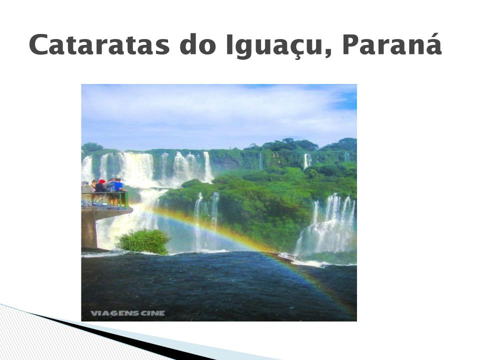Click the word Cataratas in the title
(x=99, y=44)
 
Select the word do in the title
(x=196, y=44)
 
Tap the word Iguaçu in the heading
(x=274, y=46)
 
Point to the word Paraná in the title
(x=392, y=44)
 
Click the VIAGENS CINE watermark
(x=127, y=313)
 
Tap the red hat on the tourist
(x=102, y=181)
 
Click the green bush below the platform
(x=143, y=241)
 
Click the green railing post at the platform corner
(x=126, y=199)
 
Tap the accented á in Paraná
(x=432, y=44)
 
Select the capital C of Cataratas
(x=40, y=45)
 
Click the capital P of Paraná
(x=351, y=45)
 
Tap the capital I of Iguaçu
(x=229, y=45)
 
